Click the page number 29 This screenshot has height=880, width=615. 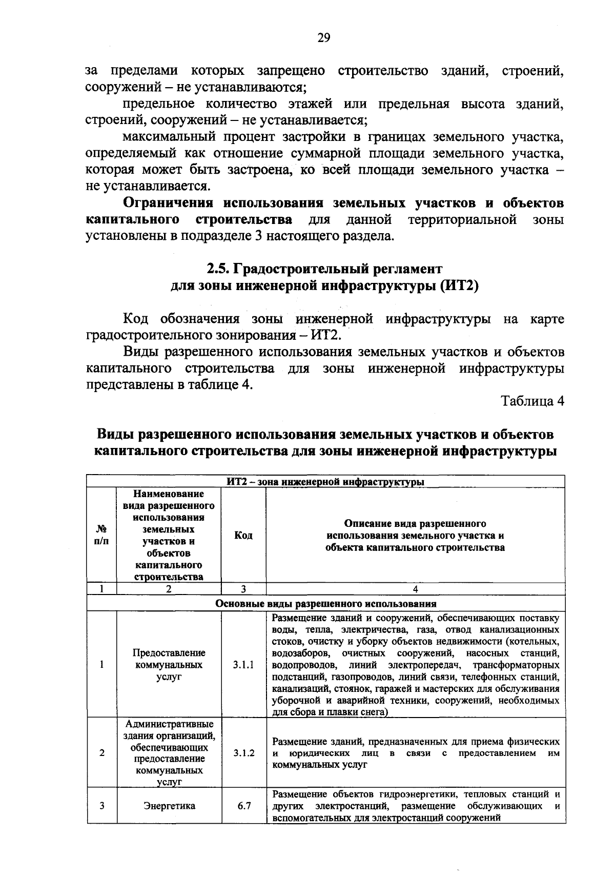click(324, 38)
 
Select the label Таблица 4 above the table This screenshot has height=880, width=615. click(532, 401)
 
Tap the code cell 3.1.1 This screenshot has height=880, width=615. click(243, 665)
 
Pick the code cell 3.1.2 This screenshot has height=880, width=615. click(243, 753)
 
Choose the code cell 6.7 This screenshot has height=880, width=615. click(244, 806)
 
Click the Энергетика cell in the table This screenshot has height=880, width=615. click(169, 806)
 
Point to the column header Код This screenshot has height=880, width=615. click(243, 535)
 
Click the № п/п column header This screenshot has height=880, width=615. click(101, 535)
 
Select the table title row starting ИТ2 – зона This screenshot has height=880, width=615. click(325, 482)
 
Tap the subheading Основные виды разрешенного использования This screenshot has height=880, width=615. click(325, 603)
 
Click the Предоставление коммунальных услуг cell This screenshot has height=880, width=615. click(169, 665)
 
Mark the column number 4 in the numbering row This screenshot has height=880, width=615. click(415, 589)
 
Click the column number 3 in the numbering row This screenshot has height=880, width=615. click(243, 589)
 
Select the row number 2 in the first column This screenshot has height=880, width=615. click(102, 753)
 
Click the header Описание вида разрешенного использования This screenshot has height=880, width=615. click(415, 536)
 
